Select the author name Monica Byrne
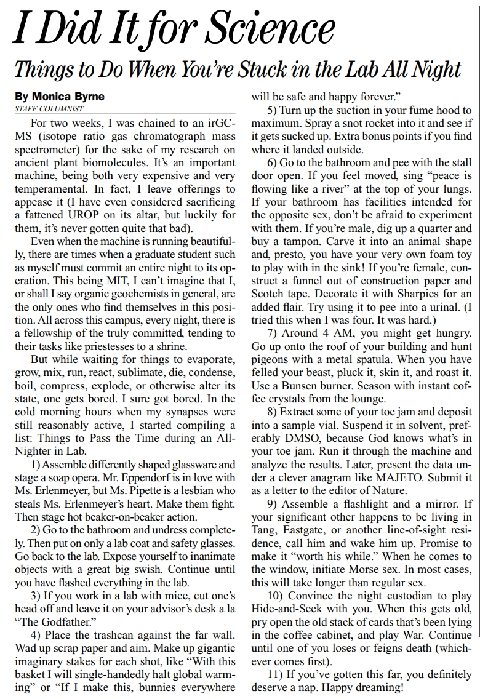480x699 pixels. pyautogui.click(x=60, y=97)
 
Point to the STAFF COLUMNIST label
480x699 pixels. pyautogui.click(x=48, y=109)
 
